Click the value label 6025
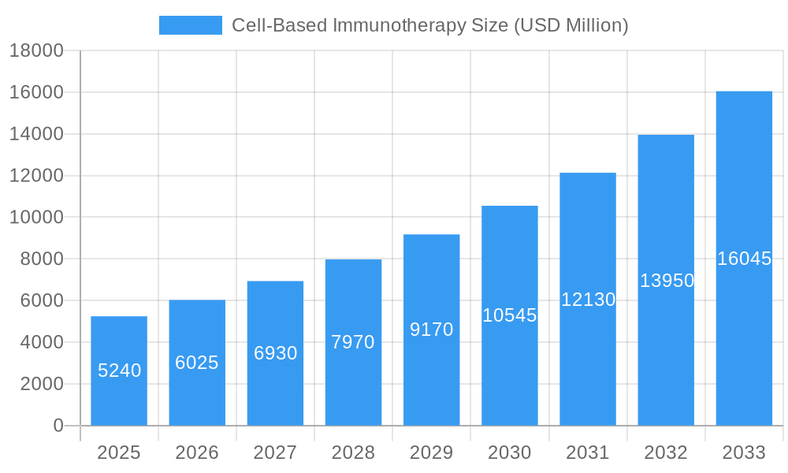[197, 363]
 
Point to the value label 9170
[432, 330]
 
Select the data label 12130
[588, 300]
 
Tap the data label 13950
[667, 280]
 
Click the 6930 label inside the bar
[275, 353]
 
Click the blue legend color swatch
[191, 25]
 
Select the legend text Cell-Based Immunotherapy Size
[429, 25]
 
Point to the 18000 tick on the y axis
[35, 51]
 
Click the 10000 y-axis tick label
[35, 218]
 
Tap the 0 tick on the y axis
[58, 426]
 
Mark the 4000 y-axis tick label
[39, 342]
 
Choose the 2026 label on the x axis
[197, 453]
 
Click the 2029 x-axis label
[432, 453]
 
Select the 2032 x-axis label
[666, 453]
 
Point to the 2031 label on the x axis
[588, 453]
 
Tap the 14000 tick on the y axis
[35, 134]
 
